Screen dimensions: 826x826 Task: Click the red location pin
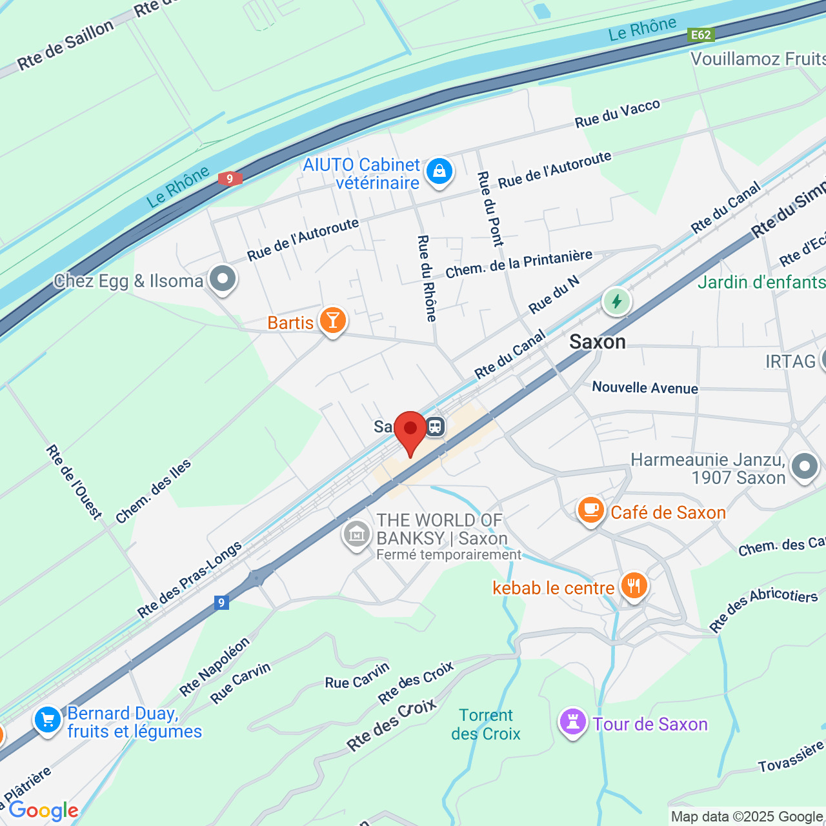410,430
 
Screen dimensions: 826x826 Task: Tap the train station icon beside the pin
436,427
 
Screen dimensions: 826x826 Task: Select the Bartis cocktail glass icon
332,320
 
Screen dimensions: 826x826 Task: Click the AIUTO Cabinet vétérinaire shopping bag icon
439,172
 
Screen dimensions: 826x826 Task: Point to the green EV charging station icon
616,301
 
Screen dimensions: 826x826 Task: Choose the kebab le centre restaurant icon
634,586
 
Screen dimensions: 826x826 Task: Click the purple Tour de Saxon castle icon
572,722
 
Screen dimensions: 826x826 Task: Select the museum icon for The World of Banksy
356,534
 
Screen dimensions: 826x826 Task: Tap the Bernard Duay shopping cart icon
48,720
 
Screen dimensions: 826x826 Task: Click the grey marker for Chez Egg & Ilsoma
223,279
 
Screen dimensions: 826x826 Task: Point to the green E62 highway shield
701,35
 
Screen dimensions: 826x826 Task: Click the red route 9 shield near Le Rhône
230,179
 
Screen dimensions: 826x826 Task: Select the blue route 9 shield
221,603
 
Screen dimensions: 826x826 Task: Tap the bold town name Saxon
598,341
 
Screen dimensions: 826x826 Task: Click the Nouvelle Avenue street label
645,387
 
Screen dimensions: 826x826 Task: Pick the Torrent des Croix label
486,724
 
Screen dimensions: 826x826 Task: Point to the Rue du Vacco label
617,114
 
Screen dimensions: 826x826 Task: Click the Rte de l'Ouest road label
74,481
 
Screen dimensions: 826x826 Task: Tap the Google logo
44,811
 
